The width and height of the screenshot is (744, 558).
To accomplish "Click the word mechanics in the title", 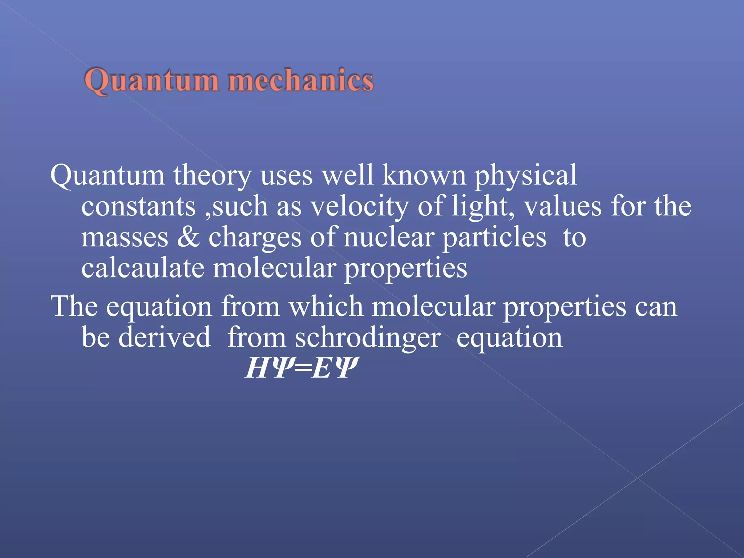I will click(x=301, y=80).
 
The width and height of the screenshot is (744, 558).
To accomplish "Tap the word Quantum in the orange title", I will click(x=151, y=80).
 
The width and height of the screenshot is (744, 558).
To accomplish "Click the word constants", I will click(x=138, y=206).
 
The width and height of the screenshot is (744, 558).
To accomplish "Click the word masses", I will click(x=125, y=238).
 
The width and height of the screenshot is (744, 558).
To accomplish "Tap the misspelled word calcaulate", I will click(x=143, y=268).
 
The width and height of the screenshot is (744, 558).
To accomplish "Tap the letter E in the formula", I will click(x=321, y=368).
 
